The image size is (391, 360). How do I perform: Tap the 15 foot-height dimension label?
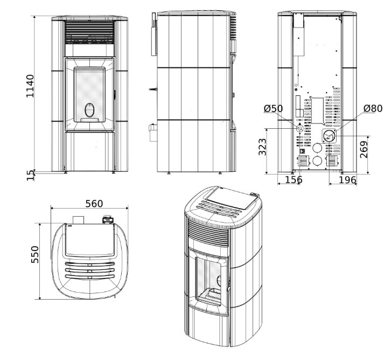pos(30,175)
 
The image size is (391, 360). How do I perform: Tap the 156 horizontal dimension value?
pos(294,179)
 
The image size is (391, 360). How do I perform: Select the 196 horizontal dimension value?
pos(347,179)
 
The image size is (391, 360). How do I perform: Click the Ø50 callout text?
pos(273,108)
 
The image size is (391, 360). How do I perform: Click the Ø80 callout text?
pos(373,108)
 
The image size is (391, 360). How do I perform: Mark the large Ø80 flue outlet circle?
pos(329,136)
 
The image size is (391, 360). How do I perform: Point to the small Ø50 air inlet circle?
pos(299,129)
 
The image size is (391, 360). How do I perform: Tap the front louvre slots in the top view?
pos(90,268)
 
